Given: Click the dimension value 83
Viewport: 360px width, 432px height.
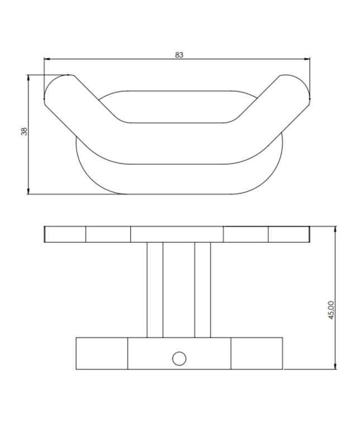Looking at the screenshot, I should click(179, 55).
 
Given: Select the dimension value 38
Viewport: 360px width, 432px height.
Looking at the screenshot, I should click(24, 132).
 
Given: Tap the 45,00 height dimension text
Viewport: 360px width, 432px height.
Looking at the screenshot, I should click(331, 310).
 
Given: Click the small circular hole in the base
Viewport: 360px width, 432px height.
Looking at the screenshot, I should click(179, 358).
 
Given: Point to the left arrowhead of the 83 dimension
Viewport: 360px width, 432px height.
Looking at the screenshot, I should click(46, 59).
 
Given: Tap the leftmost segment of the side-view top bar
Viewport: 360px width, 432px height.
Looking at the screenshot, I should click(65, 234).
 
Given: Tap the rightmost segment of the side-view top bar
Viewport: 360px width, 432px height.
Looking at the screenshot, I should click(289, 234).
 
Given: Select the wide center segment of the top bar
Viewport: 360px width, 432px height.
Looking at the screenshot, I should click(177, 234).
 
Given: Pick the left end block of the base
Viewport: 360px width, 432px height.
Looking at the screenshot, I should click(102, 353).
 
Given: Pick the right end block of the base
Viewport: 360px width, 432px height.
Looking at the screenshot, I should click(257, 353).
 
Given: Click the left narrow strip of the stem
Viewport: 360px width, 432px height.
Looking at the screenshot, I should click(155, 290).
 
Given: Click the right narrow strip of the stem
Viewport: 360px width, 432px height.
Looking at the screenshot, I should click(203, 290).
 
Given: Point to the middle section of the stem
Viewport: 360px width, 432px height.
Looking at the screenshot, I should click(179, 290).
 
